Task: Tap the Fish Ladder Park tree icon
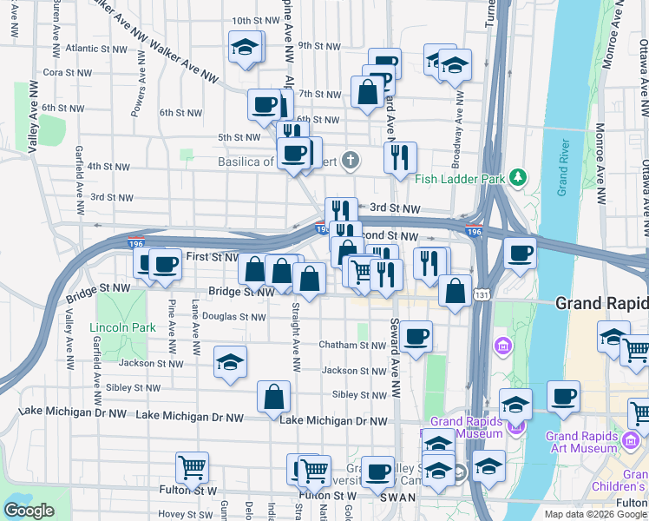coord(519,178)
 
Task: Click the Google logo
coord(29,511)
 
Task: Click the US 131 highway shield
coord(482,296)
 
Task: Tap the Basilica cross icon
coord(350,160)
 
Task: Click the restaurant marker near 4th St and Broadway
coord(400,157)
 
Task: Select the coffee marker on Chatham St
coord(416,336)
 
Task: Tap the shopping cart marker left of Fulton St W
coord(192,467)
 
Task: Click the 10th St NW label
coord(253,20)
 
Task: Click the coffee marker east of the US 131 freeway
coord(520,253)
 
